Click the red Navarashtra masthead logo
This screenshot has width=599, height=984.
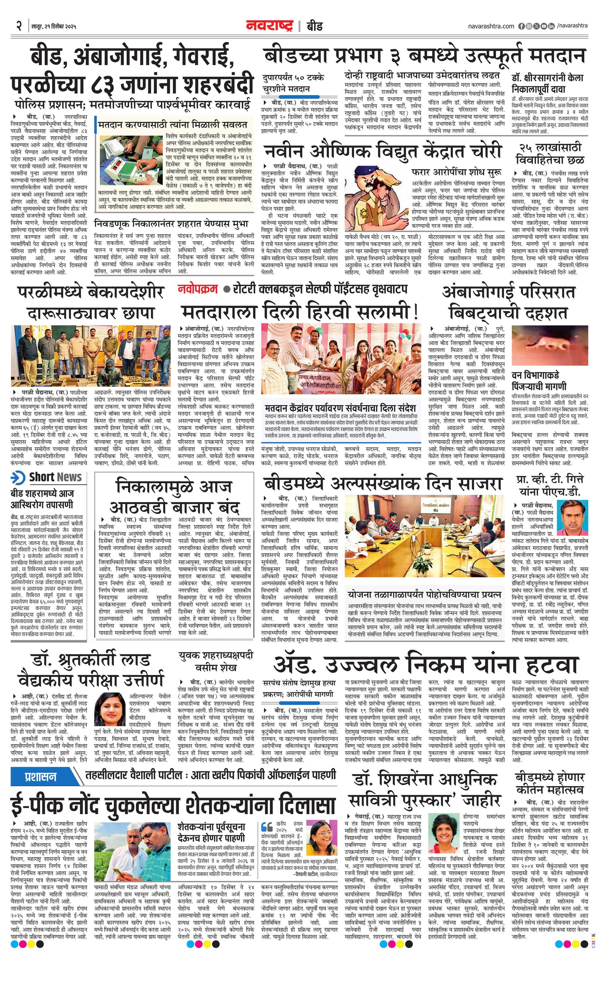[x=269, y=26]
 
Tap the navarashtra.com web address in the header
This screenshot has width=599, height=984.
[x=491, y=26]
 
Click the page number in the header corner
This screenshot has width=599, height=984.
[x=19, y=26]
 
